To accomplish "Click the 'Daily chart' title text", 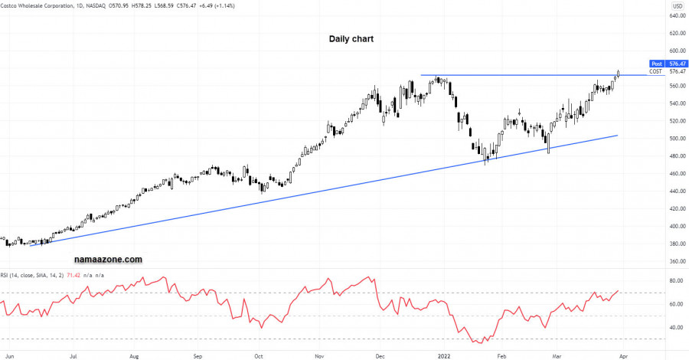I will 351,38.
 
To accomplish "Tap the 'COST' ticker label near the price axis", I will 655,71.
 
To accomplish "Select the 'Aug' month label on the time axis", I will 134,356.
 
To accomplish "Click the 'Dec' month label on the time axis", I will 380,356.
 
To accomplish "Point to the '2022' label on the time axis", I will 442,356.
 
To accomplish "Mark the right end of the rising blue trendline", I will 617,136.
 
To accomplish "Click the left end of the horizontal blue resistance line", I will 421,75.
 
